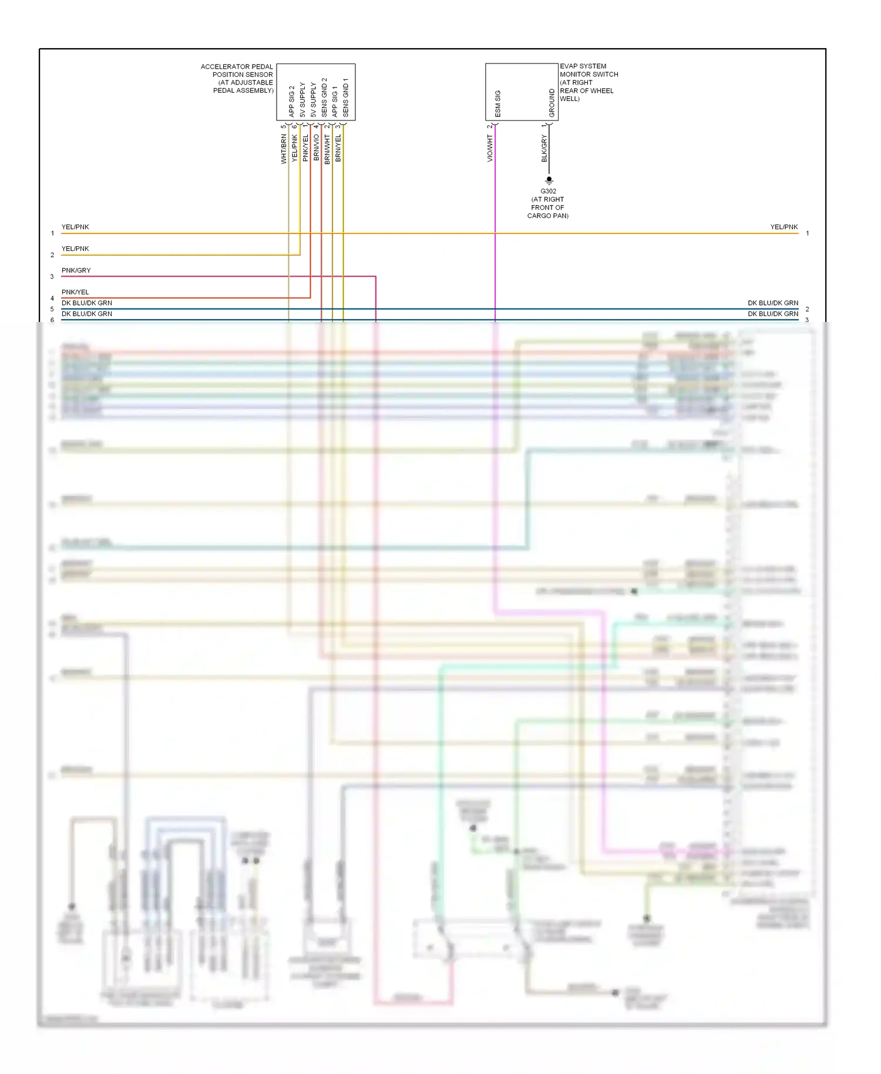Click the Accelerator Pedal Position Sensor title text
coord(237,78)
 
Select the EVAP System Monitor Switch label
coord(588,82)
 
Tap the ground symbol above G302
coord(549,180)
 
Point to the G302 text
coord(548,192)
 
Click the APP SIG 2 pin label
coord(291,102)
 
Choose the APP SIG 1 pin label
coord(335,102)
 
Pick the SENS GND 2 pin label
coord(324,98)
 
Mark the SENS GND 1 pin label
coord(345,98)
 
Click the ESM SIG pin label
coord(498,104)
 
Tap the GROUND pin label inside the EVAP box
coord(552,103)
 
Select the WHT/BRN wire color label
coord(284,149)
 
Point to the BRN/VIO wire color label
coord(316,147)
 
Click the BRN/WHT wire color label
coord(327,149)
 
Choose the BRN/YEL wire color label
coord(338,148)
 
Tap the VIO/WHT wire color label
coord(490,148)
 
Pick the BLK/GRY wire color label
coord(544,148)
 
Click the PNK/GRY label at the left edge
coord(76,271)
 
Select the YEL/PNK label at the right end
coord(784,227)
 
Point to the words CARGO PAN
coord(547,216)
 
